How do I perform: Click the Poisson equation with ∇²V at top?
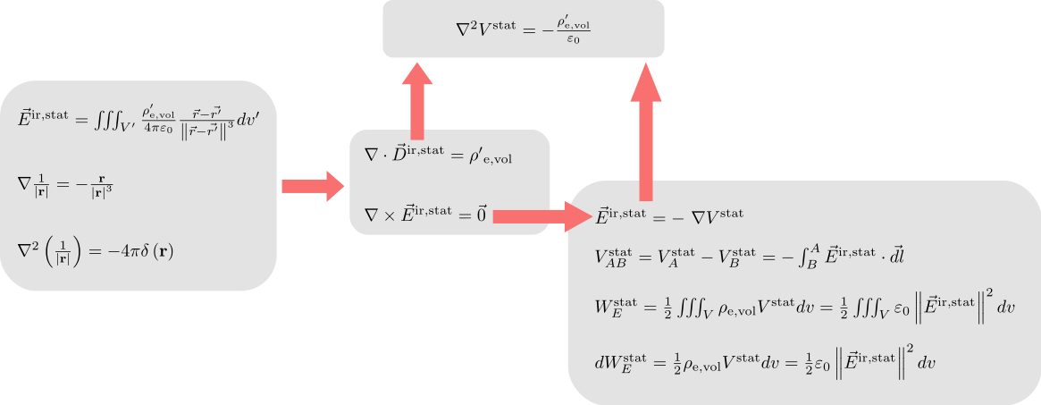(523, 30)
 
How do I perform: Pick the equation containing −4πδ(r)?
(96, 251)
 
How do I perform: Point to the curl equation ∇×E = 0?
(425, 213)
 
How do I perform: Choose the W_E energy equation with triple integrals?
(804, 306)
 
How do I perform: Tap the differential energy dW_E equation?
(766, 362)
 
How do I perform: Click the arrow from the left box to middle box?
(313, 186)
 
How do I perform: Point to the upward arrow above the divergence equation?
(417, 101)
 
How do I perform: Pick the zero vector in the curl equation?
(482, 213)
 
